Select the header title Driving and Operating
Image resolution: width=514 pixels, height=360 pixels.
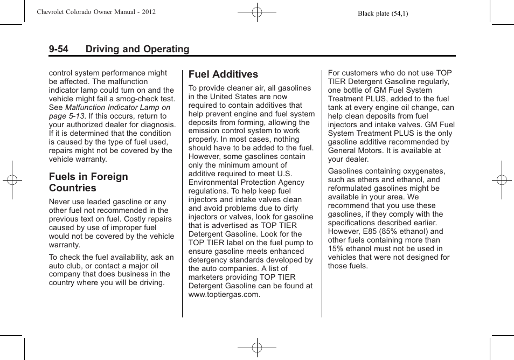[x=137, y=49]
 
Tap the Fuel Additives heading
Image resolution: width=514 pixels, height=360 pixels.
[x=223, y=74]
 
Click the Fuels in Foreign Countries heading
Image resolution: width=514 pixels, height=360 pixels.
[x=88, y=182]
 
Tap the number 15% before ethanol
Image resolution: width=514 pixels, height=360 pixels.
[x=337, y=248]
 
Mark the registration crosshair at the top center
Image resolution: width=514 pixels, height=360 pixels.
[x=257, y=11]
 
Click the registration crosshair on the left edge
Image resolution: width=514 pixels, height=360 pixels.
[x=12, y=180]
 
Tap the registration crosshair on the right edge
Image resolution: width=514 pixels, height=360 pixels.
[x=502, y=180]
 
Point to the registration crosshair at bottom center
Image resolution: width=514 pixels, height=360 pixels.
[x=257, y=348]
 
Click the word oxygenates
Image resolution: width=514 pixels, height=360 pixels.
[x=422, y=171]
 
